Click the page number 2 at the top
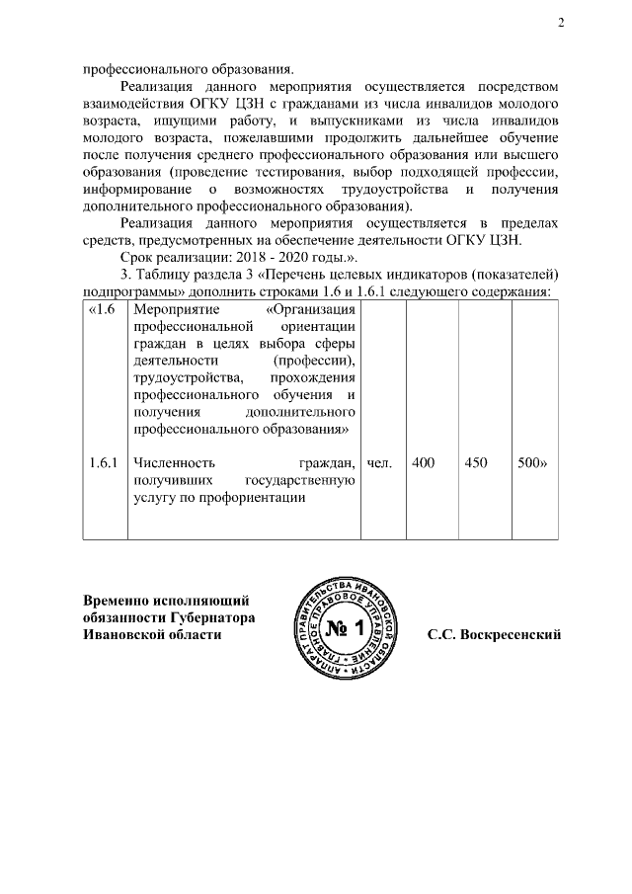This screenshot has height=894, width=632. [x=559, y=23]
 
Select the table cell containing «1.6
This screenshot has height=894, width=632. [x=103, y=309]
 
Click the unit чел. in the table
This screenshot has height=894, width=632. [x=380, y=462]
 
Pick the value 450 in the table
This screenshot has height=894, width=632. [x=476, y=462]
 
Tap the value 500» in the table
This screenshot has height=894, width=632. [x=533, y=462]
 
